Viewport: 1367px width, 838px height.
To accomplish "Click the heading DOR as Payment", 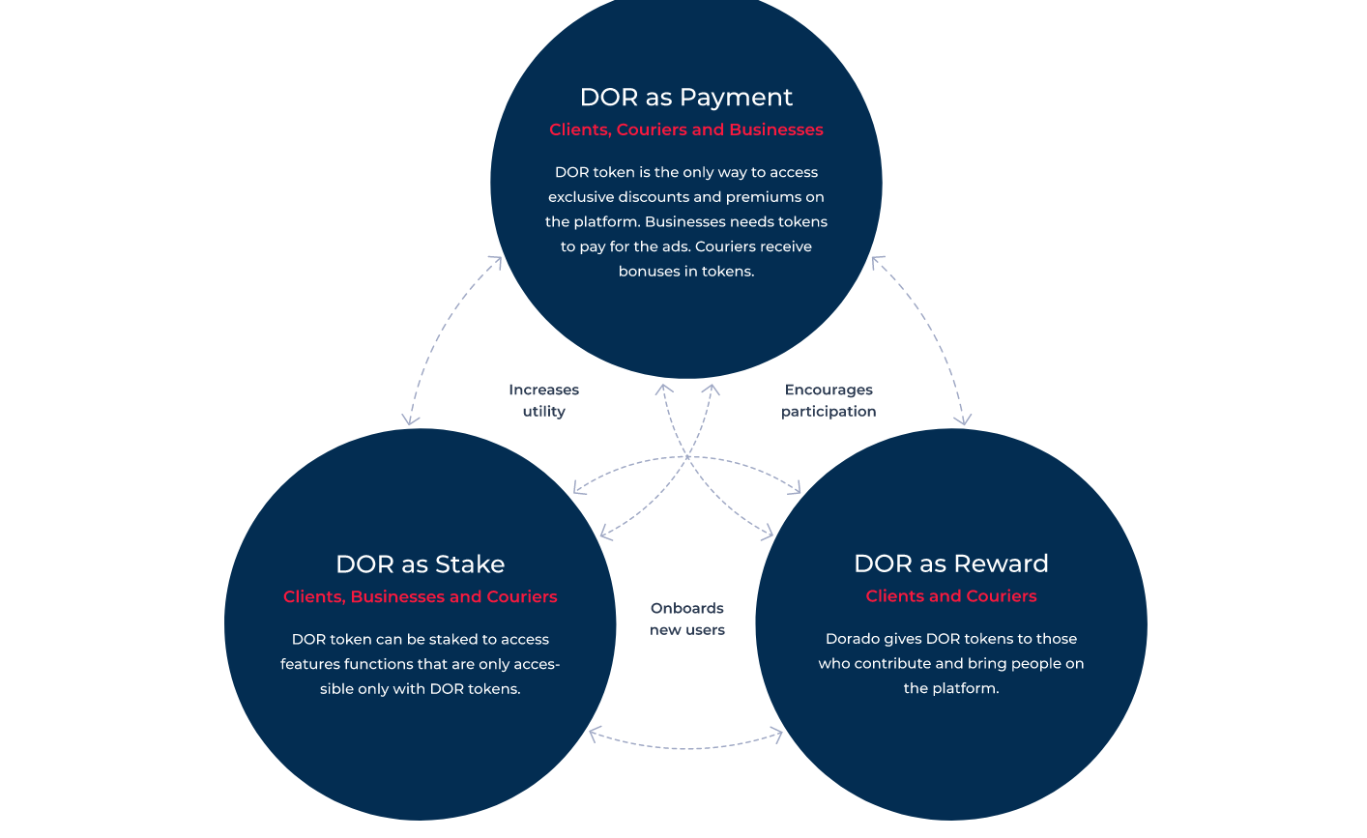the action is [686, 98].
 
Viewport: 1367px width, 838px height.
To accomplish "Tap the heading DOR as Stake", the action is [420, 563].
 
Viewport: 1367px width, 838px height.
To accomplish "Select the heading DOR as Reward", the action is [950, 563].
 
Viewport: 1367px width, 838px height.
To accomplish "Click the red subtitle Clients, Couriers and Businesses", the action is [686, 130].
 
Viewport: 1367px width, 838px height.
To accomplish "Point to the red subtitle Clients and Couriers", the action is [950, 595].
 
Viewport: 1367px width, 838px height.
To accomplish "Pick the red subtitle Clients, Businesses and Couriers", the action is [420, 596].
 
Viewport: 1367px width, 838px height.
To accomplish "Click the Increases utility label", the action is [543, 400].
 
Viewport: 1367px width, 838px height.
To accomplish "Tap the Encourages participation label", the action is [829, 400].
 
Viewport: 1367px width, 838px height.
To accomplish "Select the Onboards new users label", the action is [686, 619].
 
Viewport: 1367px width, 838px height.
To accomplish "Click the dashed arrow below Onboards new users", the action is [686, 747].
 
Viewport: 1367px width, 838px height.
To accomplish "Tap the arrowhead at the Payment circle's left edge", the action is [496, 263].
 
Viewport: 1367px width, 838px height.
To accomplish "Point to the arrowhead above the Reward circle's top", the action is [963, 419].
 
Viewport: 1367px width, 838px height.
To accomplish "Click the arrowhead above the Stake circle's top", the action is [410, 419].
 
